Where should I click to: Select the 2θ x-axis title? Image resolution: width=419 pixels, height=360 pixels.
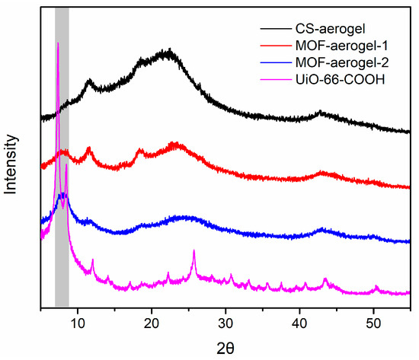pyautogui.click(x=225, y=347)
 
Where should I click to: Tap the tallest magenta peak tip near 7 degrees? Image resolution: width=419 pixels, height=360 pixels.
pyautogui.click(x=57, y=43)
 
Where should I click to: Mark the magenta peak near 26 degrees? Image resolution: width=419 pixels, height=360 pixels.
pyautogui.click(x=194, y=250)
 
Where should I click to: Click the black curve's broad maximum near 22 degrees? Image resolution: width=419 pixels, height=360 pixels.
pyautogui.click(x=168, y=52)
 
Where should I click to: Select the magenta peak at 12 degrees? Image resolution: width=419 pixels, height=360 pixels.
pyautogui.click(x=92, y=260)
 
